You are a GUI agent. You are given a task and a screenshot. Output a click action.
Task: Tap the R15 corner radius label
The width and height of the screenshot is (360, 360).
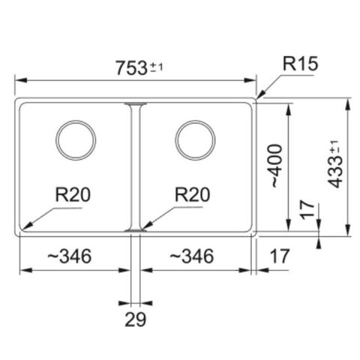click(x=300, y=64)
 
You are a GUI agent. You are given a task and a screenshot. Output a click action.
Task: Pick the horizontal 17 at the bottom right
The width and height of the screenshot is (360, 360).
click(x=278, y=256)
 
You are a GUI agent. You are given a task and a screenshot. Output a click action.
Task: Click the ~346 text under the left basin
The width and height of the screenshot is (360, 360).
click(x=69, y=256)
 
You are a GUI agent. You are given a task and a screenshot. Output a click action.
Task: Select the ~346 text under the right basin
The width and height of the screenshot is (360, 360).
click(x=190, y=256)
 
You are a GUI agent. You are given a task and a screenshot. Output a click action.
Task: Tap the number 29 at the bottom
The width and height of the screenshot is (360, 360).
click(x=135, y=320)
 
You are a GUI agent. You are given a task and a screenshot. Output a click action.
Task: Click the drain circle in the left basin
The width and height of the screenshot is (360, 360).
click(x=76, y=139)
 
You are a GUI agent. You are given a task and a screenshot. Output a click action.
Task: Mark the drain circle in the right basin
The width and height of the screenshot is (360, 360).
click(x=195, y=139)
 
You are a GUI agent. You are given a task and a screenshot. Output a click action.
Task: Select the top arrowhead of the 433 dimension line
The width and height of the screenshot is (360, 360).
click(x=350, y=101)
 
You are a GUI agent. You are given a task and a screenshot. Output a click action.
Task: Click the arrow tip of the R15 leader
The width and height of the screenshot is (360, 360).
click(x=257, y=97)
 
